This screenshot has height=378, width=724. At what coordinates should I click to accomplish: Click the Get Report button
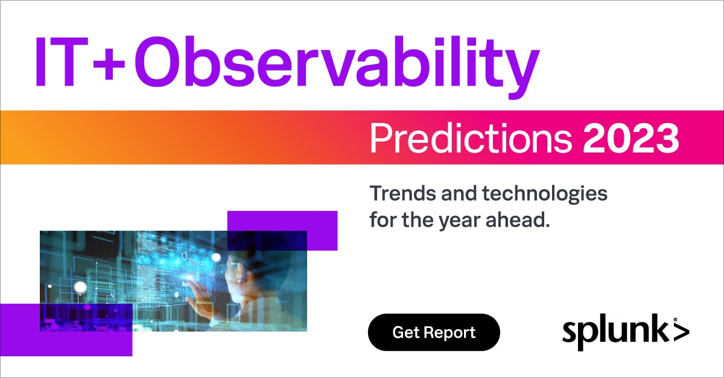[x=434, y=332]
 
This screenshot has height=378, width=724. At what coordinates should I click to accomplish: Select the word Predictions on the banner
[x=471, y=138]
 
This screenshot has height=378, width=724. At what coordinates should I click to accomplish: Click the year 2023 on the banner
[x=630, y=139]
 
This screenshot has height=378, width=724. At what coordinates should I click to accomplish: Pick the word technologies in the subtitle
[x=545, y=195]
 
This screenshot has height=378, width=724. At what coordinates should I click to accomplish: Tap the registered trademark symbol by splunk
[x=675, y=320]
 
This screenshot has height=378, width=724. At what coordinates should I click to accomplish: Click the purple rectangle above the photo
[x=282, y=230]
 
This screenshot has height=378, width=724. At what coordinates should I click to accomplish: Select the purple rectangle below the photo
[x=66, y=330]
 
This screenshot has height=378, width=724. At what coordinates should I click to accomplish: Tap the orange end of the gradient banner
[x=19, y=137]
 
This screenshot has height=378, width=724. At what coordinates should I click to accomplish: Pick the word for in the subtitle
[x=383, y=220]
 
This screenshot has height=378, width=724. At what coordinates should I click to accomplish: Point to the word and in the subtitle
[x=459, y=193]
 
